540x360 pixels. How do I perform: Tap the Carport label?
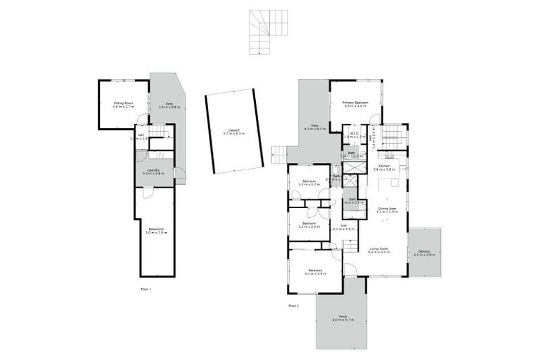coord(231,130)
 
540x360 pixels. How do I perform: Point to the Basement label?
coord(156,229)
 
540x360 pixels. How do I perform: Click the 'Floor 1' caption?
coord(146,289)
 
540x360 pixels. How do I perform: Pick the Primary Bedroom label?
coord(356,103)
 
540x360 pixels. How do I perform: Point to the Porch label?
coord(343,316)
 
